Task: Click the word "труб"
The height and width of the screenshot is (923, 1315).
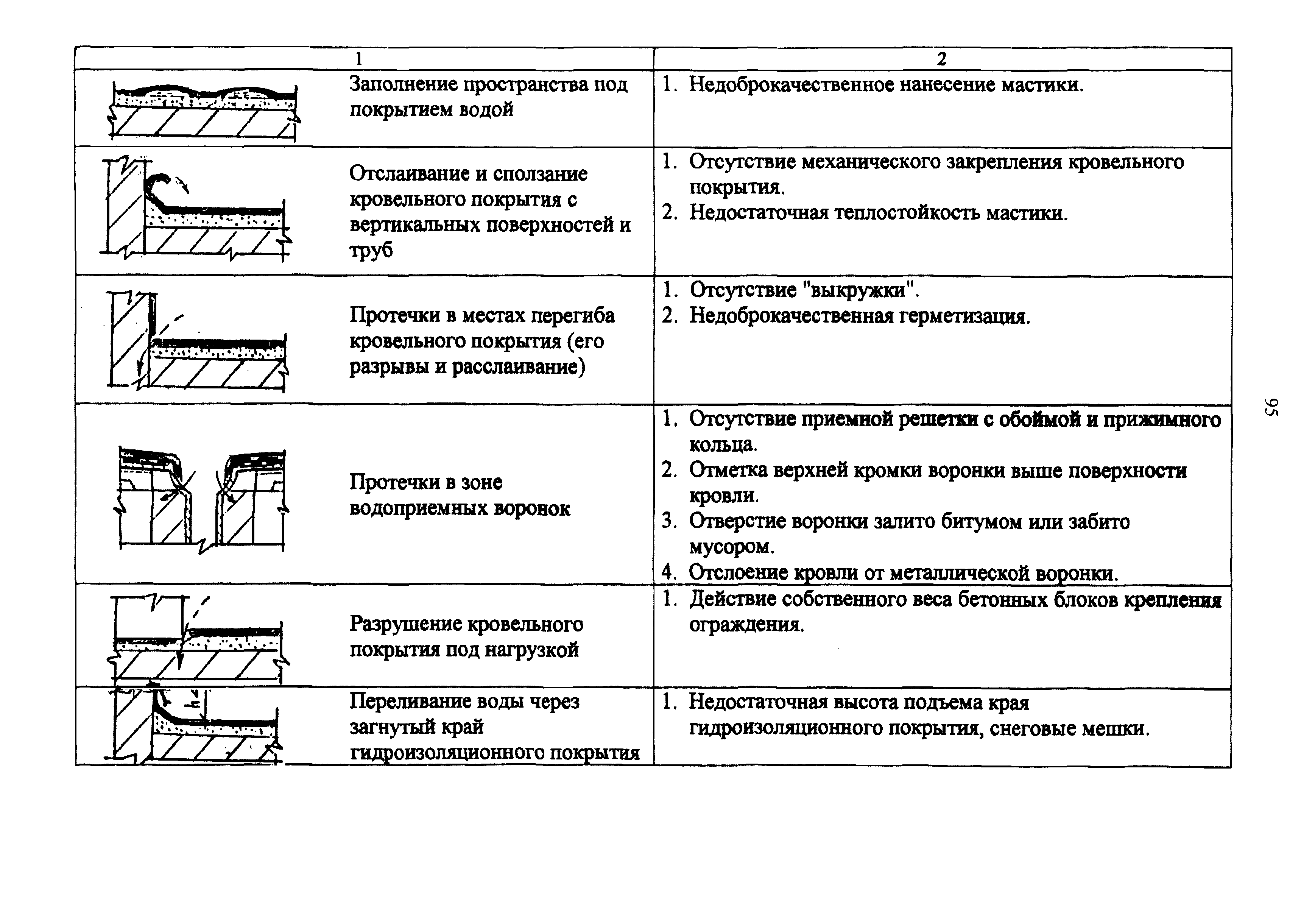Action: click(371, 250)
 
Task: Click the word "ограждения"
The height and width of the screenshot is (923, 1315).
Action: click(747, 625)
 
